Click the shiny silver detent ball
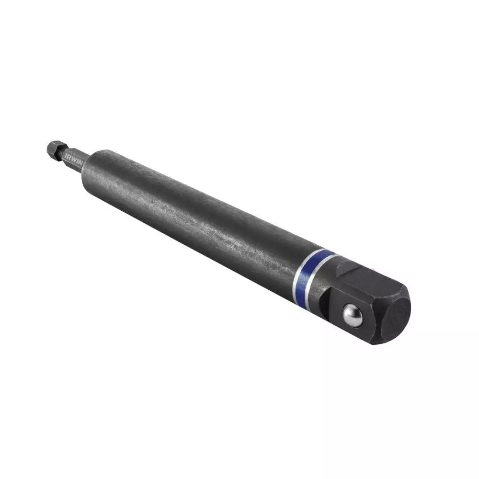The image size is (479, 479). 353,316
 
